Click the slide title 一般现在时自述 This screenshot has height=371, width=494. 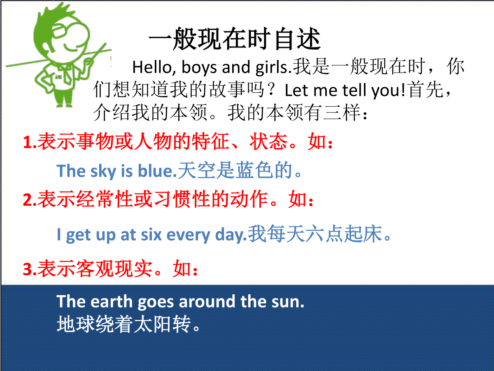tap(235, 39)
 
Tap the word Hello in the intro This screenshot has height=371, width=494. tap(152, 67)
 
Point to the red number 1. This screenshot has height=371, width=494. tap(28, 142)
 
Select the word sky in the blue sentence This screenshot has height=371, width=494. tap(103, 171)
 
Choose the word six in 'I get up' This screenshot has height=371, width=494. tap(151, 235)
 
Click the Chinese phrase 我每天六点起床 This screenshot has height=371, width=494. tap(315, 234)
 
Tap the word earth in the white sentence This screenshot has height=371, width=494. tap(112, 301)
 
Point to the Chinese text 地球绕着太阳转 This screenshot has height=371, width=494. tap(124, 324)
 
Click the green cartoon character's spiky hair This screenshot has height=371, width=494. tap(54, 18)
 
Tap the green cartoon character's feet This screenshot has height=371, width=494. tap(64, 105)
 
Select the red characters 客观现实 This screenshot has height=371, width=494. tap(114, 269)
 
